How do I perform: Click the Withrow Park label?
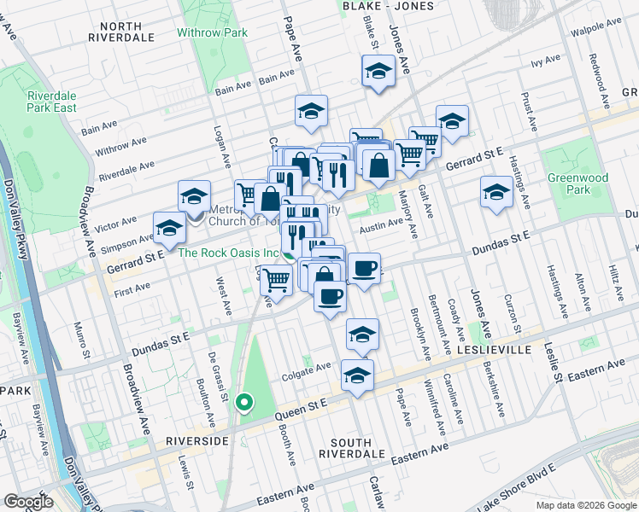tap(212, 33)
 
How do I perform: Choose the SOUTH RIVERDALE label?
tap(351, 448)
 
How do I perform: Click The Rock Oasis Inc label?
tap(229, 253)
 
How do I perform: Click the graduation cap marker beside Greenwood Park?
tap(495, 190)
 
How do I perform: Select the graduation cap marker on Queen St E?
tap(357, 375)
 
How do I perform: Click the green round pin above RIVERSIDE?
tap(244, 401)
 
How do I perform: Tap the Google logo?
tap(28, 502)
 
